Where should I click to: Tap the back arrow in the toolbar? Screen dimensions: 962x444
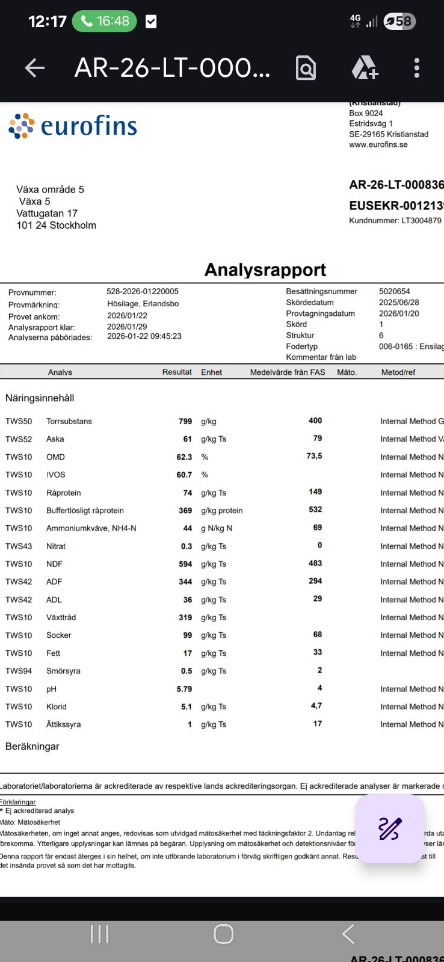pyautogui.click(x=35, y=69)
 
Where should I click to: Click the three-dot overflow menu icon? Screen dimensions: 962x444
pyautogui.click(x=416, y=68)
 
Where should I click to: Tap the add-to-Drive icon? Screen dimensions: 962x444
pyautogui.click(x=365, y=68)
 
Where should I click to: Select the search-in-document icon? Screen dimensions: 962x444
pyautogui.click(x=306, y=68)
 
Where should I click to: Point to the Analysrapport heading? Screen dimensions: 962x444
pyautogui.click(x=265, y=270)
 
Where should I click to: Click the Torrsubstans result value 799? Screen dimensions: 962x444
pyautogui.click(x=185, y=421)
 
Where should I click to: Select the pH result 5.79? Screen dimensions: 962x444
pyautogui.click(x=184, y=689)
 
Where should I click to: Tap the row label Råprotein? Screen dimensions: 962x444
pyautogui.click(x=63, y=493)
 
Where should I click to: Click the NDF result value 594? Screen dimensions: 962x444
pyautogui.click(x=185, y=564)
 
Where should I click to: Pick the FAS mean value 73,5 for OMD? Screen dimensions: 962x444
pyautogui.click(x=314, y=456)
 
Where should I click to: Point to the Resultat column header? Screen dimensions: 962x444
pyautogui.click(x=177, y=372)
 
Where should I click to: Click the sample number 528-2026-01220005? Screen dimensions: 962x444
pyautogui.click(x=143, y=291)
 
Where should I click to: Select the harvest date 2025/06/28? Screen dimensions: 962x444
pyautogui.click(x=399, y=302)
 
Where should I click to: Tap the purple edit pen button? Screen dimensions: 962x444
pyautogui.click(x=390, y=829)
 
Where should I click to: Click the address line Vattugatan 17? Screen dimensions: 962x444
pyautogui.click(x=47, y=213)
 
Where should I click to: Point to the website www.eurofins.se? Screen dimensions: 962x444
pyautogui.click(x=378, y=144)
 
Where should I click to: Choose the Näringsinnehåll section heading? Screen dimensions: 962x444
pyautogui.click(x=40, y=398)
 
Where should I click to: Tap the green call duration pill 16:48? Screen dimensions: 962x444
pyautogui.click(x=105, y=22)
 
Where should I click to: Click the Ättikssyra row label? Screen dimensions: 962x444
pyautogui.click(x=63, y=724)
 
